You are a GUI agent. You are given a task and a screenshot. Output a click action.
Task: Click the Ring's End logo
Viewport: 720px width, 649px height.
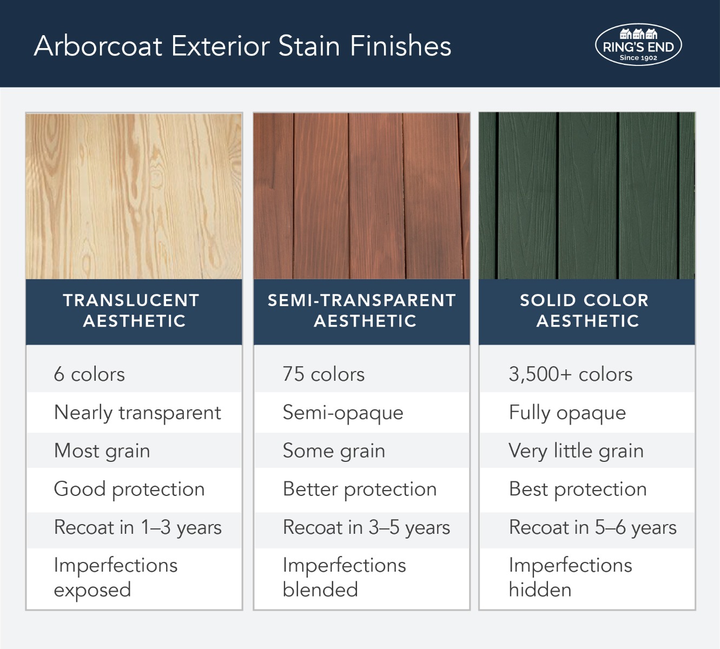[x=638, y=45]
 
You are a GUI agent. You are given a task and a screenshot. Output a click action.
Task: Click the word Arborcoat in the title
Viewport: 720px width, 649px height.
[x=98, y=46]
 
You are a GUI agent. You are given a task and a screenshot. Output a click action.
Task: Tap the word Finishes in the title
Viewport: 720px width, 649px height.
[x=400, y=46]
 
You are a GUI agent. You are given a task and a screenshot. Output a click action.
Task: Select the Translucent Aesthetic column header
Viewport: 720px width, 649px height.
[x=134, y=311]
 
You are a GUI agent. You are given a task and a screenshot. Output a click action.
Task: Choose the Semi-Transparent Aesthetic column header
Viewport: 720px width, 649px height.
[x=362, y=311]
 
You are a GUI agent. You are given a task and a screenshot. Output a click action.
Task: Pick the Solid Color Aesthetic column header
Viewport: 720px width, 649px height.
[x=587, y=311]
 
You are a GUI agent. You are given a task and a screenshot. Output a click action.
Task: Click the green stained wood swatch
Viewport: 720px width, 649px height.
[x=587, y=196]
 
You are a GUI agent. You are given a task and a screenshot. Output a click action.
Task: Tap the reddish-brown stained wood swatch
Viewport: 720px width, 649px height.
[x=362, y=196]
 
